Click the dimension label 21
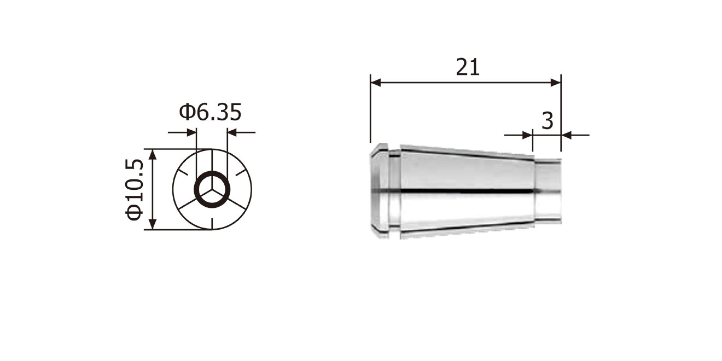(468, 67)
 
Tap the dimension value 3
(548, 121)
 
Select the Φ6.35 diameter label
(210, 112)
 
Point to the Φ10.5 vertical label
(134, 189)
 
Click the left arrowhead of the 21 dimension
(376, 83)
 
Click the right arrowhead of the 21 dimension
(556, 83)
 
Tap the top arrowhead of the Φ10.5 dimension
(153, 154)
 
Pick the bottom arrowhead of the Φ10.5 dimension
(153, 224)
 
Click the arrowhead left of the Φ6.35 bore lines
(191, 132)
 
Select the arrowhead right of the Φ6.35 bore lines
(232, 132)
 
